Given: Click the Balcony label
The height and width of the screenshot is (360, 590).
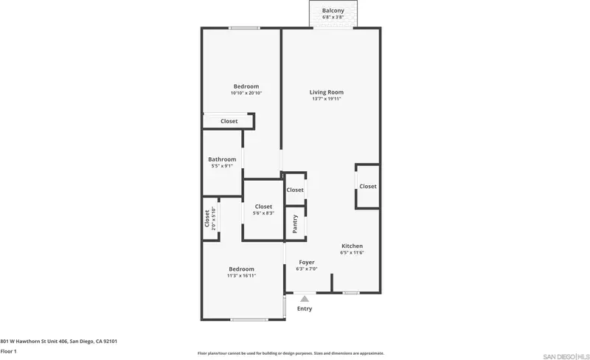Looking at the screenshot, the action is coord(333,11).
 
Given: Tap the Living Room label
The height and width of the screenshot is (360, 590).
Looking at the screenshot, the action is coord(327,92).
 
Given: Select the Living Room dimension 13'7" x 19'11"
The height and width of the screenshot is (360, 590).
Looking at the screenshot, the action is coord(327,99).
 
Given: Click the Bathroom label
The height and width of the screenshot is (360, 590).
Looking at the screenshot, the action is coord(223,159).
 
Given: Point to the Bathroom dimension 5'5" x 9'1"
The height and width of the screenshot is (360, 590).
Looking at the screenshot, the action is coord(223,166).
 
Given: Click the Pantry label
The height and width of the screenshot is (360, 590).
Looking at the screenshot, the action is coord(295,224).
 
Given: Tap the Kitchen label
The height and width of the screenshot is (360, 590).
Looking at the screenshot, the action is coord(353,246).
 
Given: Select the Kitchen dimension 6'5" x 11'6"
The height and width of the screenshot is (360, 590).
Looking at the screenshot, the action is coord(353,253).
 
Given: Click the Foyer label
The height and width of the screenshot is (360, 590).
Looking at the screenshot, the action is coord(307,262).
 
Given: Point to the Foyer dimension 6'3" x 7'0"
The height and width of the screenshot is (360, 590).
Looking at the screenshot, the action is coord(307,269).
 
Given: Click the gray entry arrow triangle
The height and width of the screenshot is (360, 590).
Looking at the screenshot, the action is coord(305,299).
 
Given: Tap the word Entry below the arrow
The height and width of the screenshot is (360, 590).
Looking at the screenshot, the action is coord(305,309).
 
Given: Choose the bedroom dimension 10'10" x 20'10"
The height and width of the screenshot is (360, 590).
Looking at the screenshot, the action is coord(246,93).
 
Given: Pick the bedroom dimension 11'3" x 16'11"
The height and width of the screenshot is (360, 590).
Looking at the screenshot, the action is coord(242,276).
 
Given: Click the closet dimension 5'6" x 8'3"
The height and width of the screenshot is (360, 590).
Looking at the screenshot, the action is coord(263,213).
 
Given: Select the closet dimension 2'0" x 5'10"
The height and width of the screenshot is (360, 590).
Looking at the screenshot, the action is coord(214,218).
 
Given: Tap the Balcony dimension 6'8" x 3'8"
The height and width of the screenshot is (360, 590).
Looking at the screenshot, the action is coord(333,17).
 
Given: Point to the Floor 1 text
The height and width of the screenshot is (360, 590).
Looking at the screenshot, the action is coord(9,351).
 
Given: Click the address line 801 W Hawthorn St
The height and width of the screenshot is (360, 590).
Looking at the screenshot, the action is coord(59,342).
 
